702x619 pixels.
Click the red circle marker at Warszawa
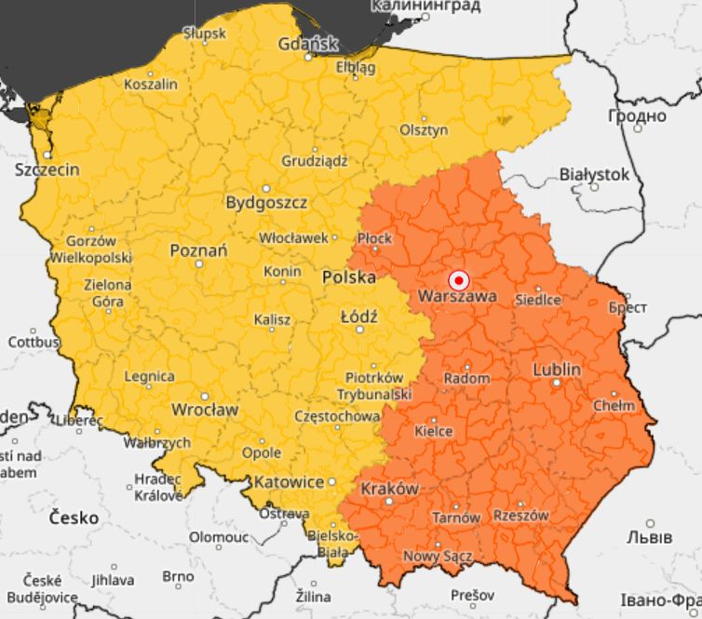(x=458, y=279)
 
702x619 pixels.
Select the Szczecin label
(x=47, y=169)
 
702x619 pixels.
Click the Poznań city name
(x=198, y=250)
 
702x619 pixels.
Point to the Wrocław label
(x=205, y=410)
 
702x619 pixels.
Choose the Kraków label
(x=389, y=489)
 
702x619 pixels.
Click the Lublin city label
(x=557, y=370)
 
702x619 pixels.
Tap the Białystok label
(x=595, y=174)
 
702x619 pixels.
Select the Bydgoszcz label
(x=266, y=202)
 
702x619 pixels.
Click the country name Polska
(x=349, y=277)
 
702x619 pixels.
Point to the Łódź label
(x=358, y=316)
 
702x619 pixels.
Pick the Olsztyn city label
(x=424, y=130)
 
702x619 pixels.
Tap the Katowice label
(x=288, y=481)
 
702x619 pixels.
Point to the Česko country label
(x=74, y=517)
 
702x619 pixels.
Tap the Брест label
(x=627, y=306)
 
